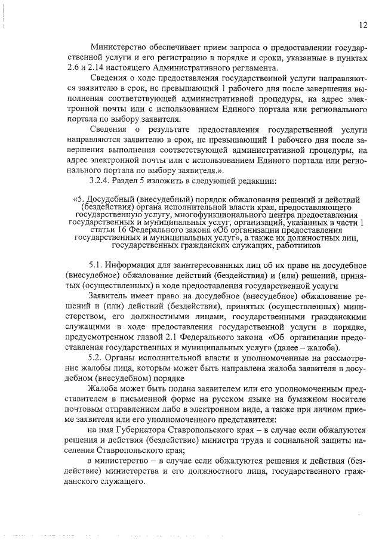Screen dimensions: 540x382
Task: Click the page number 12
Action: (363, 25)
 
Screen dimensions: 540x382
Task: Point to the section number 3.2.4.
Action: (99, 181)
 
